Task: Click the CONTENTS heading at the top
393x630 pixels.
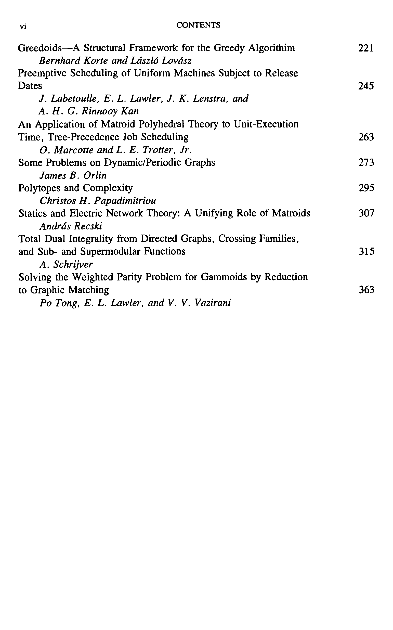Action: click(198, 25)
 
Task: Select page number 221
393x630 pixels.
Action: click(366, 48)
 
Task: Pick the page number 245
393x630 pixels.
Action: click(366, 86)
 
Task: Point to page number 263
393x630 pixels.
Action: click(366, 137)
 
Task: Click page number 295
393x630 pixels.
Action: click(366, 188)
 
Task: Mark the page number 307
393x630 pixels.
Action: click(366, 213)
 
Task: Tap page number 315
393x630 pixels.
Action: click(366, 251)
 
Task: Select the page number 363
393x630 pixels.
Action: click(366, 290)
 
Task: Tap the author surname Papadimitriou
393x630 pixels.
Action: click(125, 201)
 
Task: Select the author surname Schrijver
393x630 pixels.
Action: click(73, 264)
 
